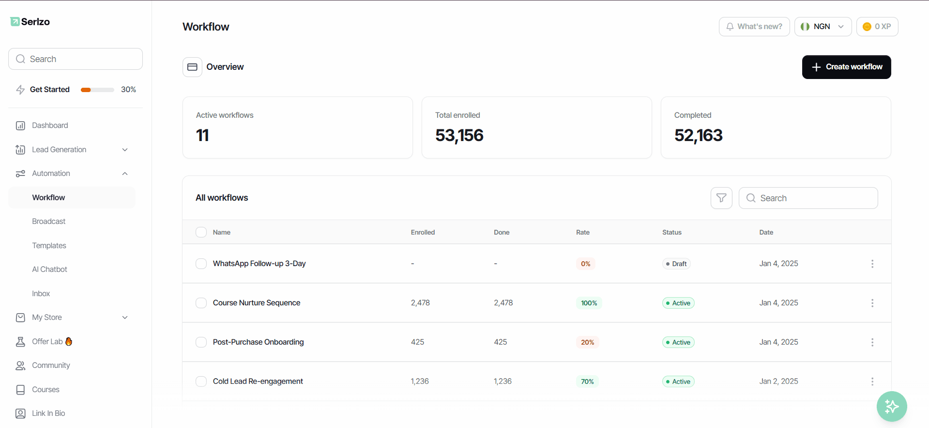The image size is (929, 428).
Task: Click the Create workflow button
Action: (846, 67)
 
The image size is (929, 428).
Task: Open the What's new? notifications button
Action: (754, 27)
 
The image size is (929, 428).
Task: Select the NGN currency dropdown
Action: (823, 27)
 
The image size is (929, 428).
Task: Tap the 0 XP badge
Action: (877, 27)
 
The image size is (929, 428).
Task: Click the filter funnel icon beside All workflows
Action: (721, 198)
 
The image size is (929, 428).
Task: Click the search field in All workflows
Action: (808, 198)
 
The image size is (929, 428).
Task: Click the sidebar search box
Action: (76, 59)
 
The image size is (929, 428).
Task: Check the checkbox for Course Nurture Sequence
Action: (201, 303)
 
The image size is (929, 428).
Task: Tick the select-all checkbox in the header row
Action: (201, 232)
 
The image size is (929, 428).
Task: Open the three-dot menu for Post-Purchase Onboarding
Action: (872, 342)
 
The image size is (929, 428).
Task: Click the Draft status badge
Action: (676, 264)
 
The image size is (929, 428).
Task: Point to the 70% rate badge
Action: (587, 381)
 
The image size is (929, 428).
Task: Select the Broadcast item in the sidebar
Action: (49, 222)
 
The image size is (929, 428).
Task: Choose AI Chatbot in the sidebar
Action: (50, 269)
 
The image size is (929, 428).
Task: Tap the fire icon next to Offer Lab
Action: (69, 341)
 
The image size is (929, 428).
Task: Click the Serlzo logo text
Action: (35, 22)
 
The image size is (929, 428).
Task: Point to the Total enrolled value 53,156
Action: (459, 135)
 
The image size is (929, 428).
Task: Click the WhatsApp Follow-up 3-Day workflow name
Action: (259, 264)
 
